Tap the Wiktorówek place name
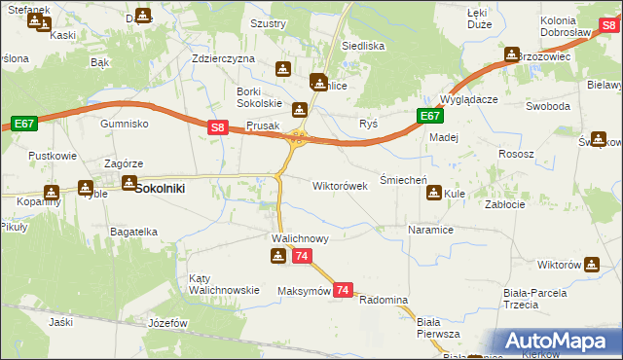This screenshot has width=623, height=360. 340,185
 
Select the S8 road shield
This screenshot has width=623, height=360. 218,126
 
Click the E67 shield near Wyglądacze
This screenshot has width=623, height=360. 431,116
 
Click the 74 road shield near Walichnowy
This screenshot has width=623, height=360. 302,256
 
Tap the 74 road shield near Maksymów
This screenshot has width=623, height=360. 342,290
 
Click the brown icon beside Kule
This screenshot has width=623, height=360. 432,193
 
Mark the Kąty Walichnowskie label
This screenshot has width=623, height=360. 225,283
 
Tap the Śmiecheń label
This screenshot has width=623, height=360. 399,180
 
